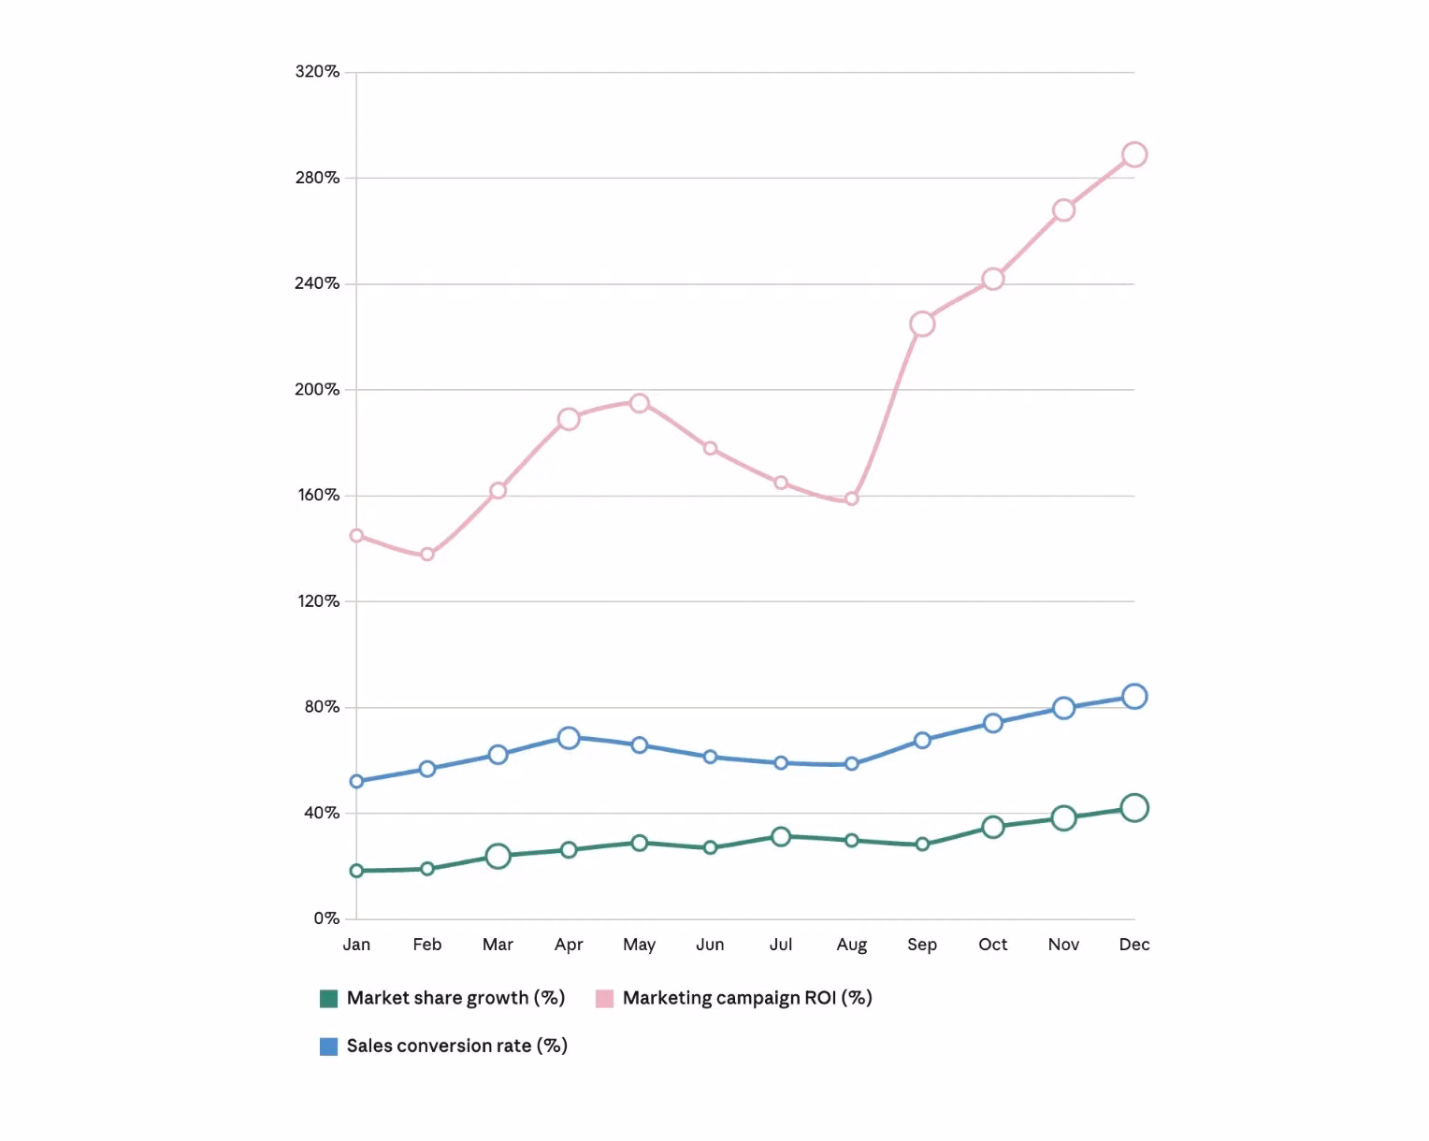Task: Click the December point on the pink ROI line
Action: [x=1133, y=155]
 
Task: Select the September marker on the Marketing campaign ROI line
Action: [x=922, y=324]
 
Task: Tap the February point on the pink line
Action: [x=427, y=555]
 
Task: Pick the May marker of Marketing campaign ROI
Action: [x=639, y=404]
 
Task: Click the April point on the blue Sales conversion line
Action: [x=569, y=738]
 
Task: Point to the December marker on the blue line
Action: [x=1133, y=697]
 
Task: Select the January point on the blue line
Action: [x=356, y=781]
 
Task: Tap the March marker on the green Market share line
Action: [x=498, y=857]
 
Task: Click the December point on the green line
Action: [x=1133, y=808]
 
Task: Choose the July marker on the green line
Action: [x=781, y=837]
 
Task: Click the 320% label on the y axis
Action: [x=317, y=72]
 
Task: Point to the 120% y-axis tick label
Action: [x=318, y=601]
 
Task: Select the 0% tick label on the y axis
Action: [x=326, y=918]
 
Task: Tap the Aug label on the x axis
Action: [x=851, y=945]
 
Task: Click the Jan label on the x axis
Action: [x=356, y=945]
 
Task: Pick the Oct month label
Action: [x=992, y=945]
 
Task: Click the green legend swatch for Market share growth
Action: [x=328, y=999]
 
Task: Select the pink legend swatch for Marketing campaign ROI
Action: [x=604, y=999]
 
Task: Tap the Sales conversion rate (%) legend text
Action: [x=456, y=1046]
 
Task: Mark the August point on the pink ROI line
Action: [x=851, y=499]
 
